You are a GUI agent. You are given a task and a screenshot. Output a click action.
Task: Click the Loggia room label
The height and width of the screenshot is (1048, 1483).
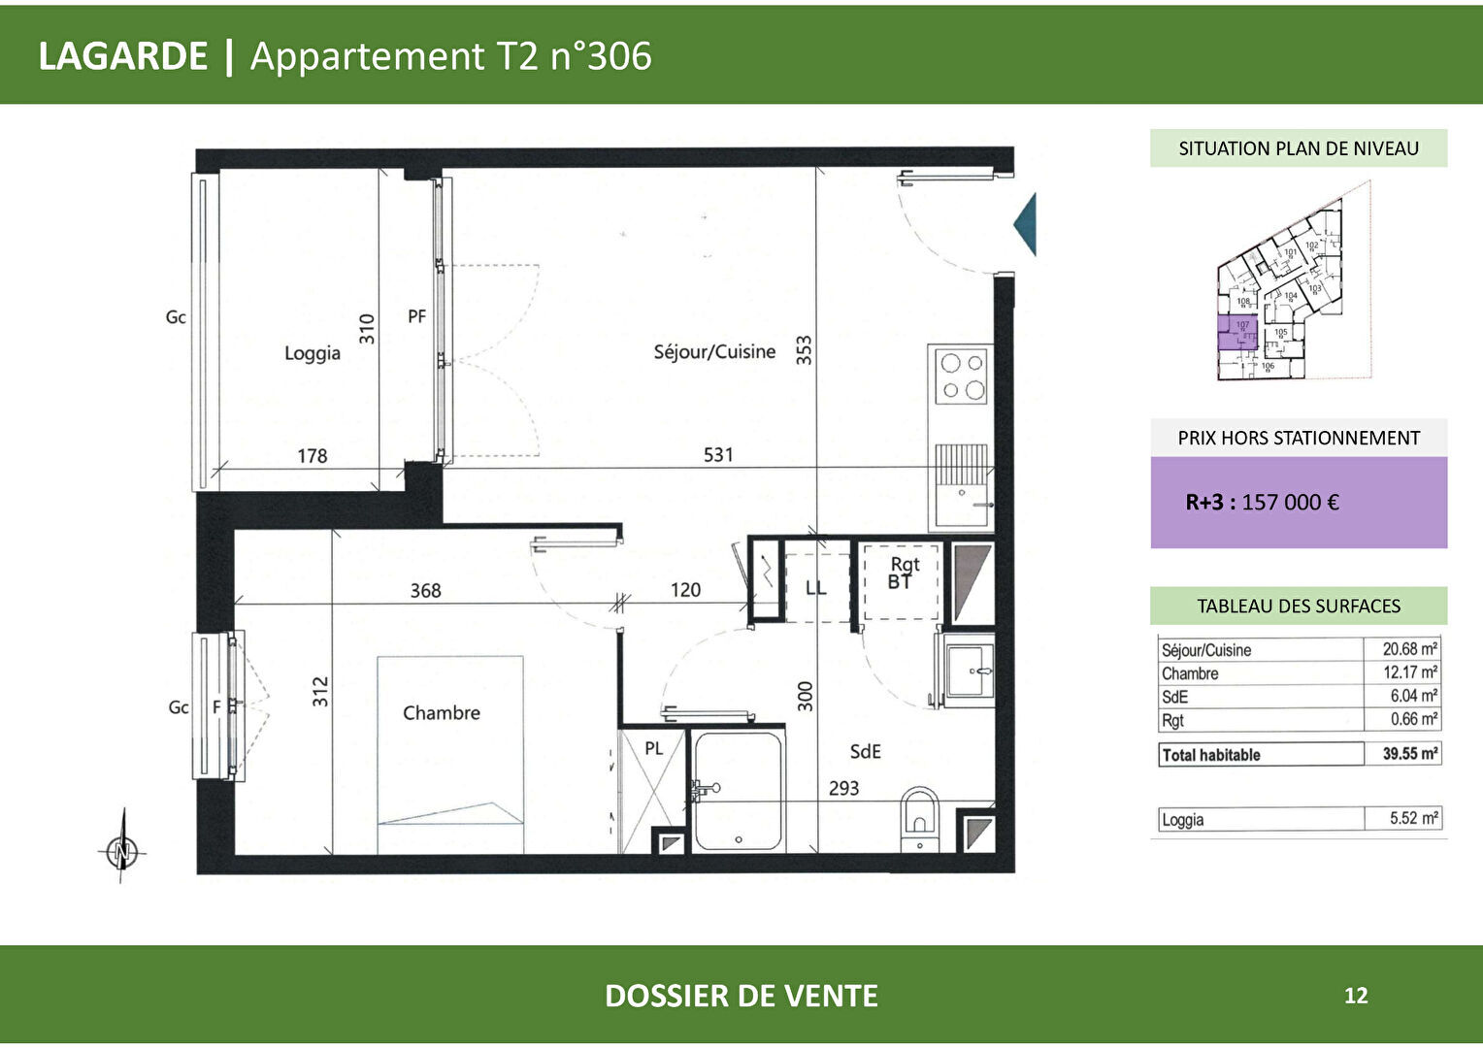click(x=312, y=353)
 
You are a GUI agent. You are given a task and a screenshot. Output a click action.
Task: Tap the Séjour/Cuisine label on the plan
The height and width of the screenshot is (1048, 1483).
click(x=714, y=352)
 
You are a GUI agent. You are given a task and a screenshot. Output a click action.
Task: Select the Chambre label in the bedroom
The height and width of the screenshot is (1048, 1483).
click(x=442, y=713)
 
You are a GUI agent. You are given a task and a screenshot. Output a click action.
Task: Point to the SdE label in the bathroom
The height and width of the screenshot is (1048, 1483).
click(x=865, y=751)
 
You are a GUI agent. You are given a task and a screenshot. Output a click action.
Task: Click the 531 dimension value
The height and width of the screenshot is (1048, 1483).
click(x=718, y=454)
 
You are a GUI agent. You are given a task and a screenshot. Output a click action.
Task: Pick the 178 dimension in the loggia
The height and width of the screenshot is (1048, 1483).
click(x=312, y=455)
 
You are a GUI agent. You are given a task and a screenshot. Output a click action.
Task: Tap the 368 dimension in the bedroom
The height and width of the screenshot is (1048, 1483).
click(x=425, y=590)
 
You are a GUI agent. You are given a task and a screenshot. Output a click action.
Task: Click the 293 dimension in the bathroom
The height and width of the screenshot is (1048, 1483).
click(x=843, y=788)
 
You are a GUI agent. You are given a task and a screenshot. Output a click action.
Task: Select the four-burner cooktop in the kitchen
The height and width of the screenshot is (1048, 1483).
click(x=961, y=377)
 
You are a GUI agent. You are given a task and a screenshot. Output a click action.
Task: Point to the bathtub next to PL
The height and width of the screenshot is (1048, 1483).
click(x=739, y=791)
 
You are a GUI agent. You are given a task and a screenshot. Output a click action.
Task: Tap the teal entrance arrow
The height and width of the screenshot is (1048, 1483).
click(x=1026, y=224)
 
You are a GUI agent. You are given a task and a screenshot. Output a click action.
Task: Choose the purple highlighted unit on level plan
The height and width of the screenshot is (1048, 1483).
click(x=1237, y=332)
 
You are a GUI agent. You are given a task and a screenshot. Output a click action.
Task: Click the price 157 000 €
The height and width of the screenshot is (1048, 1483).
click(x=1290, y=503)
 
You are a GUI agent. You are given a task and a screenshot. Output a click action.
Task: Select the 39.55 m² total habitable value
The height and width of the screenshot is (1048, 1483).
click(x=1410, y=754)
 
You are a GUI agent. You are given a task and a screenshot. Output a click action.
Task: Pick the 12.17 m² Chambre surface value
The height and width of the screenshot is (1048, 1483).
click(x=1410, y=672)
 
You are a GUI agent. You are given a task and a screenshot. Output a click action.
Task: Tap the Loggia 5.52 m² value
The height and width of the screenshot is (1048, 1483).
click(x=1413, y=819)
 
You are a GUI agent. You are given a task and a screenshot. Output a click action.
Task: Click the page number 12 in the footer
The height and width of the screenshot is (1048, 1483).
click(x=1356, y=996)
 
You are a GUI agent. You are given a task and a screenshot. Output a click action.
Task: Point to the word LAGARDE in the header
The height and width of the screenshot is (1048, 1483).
click(x=123, y=56)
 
